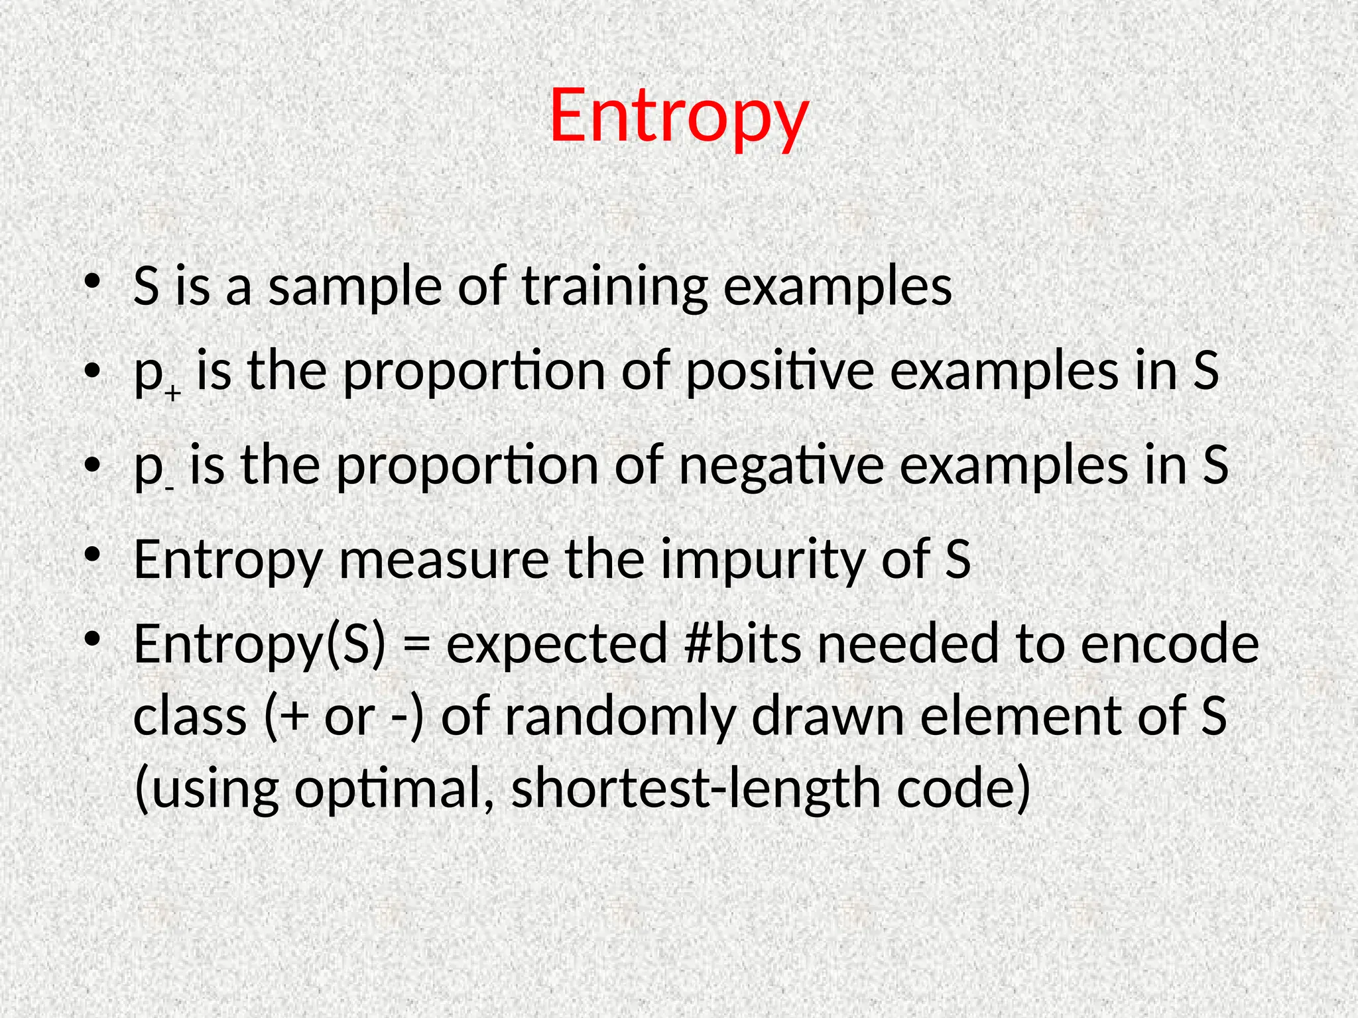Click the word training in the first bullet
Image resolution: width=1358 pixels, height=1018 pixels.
tap(615, 287)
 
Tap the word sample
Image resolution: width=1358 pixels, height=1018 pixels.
tap(355, 287)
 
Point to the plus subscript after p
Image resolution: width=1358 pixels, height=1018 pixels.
tap(173, 394)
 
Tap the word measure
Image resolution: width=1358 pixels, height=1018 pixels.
tap(444, 560)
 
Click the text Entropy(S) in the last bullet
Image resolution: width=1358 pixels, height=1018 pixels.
tap(259, 644)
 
